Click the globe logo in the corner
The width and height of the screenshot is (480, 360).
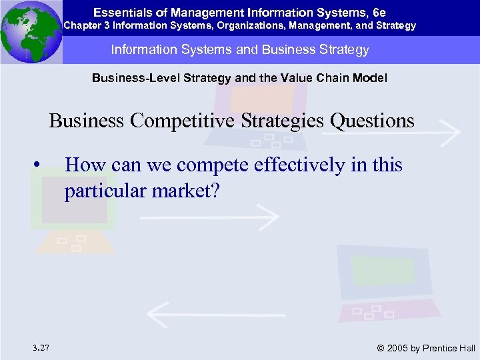coord(31,31)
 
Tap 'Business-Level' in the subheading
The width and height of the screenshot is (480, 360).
coord(128,78)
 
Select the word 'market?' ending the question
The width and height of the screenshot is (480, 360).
coord(191,191)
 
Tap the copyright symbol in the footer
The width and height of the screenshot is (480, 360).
coord(381,347)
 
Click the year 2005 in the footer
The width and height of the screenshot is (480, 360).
coord(398,347)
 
